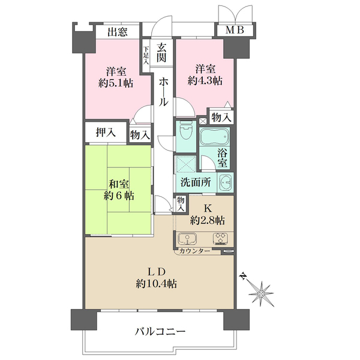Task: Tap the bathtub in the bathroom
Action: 214,136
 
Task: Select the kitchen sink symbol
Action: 187,239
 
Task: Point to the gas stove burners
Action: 220,238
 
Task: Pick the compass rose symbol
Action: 261,293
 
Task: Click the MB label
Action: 235,30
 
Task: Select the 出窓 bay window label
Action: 118,32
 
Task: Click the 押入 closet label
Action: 106,133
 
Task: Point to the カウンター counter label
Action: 194,251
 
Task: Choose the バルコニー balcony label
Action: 160,331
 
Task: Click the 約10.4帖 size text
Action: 157,284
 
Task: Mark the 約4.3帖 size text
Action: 205,80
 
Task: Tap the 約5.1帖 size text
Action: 116,83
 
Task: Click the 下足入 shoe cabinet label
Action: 146,55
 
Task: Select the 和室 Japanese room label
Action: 119,184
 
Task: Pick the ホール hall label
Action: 163,92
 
